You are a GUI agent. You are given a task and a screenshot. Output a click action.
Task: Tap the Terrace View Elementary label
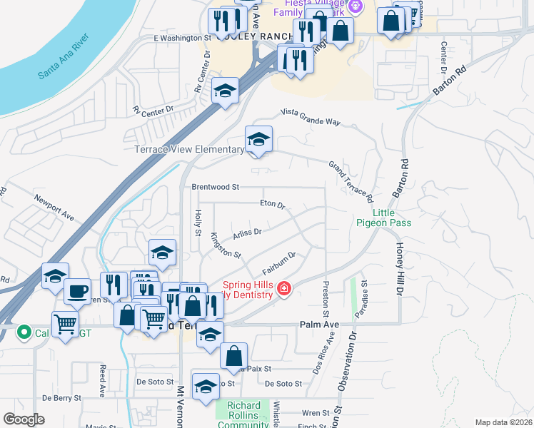pos(189,150)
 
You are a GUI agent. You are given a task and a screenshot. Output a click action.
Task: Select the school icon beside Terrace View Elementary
pos(258,138)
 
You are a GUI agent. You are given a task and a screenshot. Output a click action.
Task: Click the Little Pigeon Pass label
pos(383,218)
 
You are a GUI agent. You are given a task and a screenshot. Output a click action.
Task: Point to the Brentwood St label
pos(215,187)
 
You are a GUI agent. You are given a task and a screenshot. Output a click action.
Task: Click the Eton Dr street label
pos(272,204)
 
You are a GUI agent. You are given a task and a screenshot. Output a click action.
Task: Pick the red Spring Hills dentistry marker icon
pos(284,288)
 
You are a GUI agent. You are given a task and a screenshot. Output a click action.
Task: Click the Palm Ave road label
pos(321,325)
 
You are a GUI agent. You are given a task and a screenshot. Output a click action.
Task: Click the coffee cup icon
pos(77,291)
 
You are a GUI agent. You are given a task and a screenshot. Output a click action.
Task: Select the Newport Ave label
pos(54,206)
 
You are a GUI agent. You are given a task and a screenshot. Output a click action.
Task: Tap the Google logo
pos(24,419)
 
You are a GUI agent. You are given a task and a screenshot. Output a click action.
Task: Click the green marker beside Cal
pos(23,331)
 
